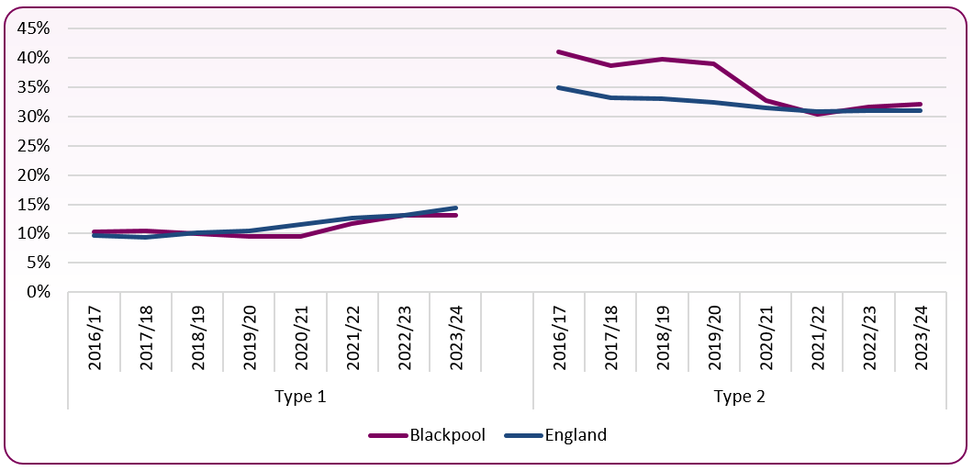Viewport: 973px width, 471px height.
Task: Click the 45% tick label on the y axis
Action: pos(33,28)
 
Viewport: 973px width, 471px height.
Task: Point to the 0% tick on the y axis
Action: pos(38,292)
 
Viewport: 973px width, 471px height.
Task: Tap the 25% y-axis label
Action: pos(33,146)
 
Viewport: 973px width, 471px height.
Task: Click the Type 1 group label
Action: pos(300,397)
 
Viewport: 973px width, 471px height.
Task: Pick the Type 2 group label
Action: pos(740,397)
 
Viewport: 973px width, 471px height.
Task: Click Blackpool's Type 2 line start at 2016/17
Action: pos(559,52)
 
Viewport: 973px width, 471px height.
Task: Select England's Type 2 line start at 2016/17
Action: pos(559,87)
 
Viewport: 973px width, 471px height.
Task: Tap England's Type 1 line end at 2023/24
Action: pos(455,207)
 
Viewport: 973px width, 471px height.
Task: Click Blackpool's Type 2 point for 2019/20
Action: pos(713,64)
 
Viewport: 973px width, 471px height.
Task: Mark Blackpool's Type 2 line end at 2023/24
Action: pos(920,105)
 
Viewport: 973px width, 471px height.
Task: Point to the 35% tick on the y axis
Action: pos(33,87)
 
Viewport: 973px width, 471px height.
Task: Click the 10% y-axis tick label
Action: pos(33,233)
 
